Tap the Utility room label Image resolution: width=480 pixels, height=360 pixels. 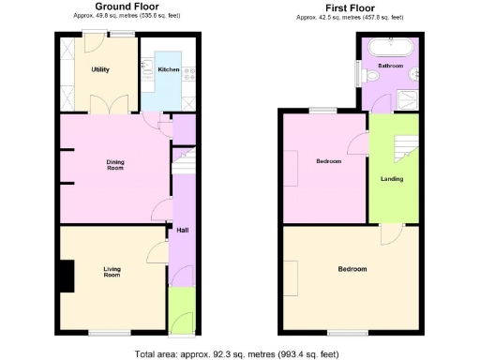(100, 70)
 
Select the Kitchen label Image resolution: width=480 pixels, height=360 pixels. (169, 69)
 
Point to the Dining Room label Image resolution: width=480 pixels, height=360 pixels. (114, 165)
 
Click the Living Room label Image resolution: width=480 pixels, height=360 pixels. (112, 272)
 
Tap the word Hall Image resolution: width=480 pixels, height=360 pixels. (182, 229)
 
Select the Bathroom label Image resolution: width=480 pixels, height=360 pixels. (390, 67)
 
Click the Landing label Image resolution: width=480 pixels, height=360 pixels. (392, 178)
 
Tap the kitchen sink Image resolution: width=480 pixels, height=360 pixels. (147, 67)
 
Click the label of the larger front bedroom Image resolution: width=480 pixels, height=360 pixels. (352, 269)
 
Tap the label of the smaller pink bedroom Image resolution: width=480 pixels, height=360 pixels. (328, 161)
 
